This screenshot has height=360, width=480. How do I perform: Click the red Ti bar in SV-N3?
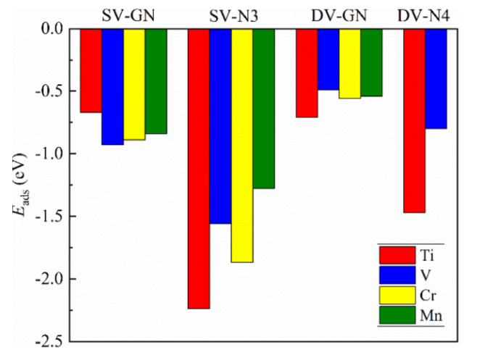[199, 168]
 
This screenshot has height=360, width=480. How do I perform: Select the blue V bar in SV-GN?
[112, 86]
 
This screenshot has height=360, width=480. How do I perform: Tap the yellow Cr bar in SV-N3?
[242, 145]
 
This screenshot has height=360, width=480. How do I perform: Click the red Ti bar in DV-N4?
[414, 120]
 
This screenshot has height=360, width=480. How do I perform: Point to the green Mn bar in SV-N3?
[264, 108]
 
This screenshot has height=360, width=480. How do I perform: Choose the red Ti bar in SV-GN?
[91, 70]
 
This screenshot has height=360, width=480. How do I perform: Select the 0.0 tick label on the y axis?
[52, 28]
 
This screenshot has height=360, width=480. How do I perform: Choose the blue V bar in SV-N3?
[220, 126]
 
